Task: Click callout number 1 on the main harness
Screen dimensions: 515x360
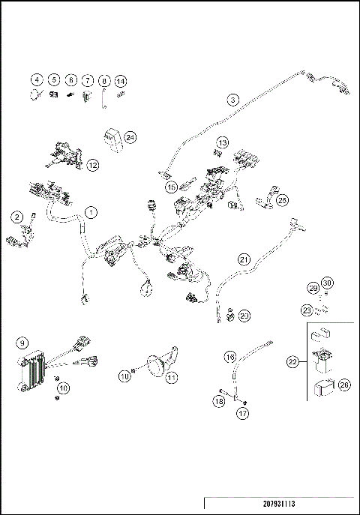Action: (90, 212)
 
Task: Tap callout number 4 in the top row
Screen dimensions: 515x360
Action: (35, 79)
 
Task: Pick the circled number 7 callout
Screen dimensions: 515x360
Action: (87, 79)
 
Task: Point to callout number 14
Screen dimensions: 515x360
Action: (121, 79)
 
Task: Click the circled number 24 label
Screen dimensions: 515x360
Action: (130, 137)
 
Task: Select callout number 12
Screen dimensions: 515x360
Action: (92, 164)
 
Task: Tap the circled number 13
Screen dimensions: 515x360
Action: (222, 142)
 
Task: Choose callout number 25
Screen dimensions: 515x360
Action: (282, 200)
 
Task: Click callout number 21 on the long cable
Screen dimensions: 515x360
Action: (244, 259)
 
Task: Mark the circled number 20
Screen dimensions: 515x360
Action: (244, 316)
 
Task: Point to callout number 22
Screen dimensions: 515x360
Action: (292, 362)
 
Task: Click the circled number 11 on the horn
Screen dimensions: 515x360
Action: (172, 377)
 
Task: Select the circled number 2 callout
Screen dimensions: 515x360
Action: (16, 217)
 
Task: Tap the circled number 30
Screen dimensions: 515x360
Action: (326, 283)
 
